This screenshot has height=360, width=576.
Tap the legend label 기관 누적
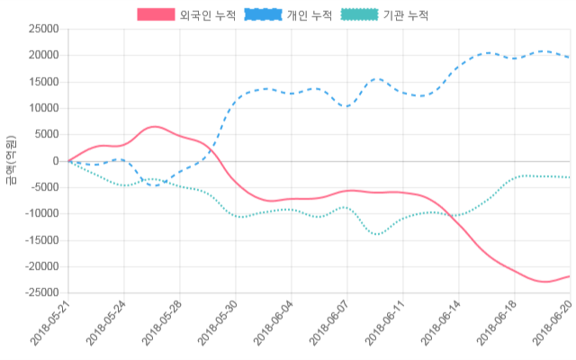click(405, 15)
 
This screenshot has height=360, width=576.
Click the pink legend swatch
click(157, 15)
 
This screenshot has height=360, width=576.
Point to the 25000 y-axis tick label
click(43, 29)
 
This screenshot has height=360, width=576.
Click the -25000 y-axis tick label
click(40, 293)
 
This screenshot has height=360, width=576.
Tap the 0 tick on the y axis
click(55, 161)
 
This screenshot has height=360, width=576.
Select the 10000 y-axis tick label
click(43, 108)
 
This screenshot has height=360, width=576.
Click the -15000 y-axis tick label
click(40, 240)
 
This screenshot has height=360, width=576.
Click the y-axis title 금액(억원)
click(10, 161)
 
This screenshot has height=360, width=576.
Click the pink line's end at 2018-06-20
click(570, 276)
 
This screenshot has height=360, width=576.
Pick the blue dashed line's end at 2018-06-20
click(570, 58)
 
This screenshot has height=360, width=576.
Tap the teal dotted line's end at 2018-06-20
click(570, 177)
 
